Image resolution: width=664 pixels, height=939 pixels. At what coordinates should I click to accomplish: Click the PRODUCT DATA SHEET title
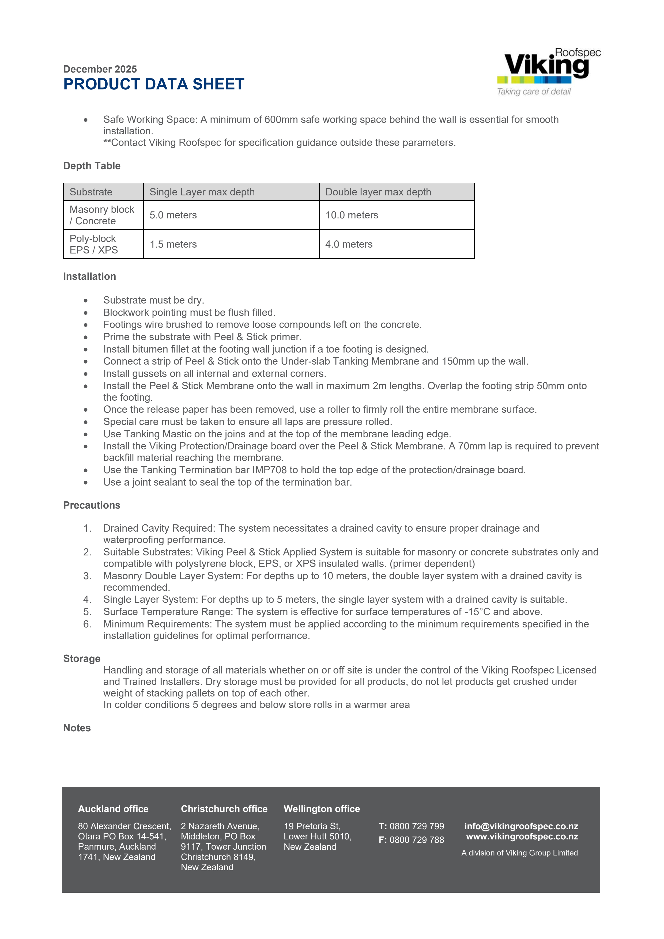[154, 84]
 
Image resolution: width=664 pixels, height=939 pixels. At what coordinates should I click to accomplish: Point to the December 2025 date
[100, 69]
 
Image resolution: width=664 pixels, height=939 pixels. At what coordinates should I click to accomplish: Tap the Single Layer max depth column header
[202, 192]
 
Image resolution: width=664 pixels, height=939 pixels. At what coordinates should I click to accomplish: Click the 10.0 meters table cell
[352, 215]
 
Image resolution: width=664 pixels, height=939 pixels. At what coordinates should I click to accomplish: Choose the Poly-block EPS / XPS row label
[94, 244]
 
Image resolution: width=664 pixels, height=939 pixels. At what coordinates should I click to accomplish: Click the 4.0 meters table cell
[349, 244]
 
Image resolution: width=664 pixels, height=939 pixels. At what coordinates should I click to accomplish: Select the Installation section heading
[90, 277]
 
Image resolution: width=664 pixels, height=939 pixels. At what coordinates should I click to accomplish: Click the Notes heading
[77, 728]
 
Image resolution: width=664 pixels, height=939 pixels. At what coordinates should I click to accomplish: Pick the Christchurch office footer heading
[224, 809]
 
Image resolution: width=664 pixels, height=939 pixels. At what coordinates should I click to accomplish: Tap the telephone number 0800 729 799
[417, 826]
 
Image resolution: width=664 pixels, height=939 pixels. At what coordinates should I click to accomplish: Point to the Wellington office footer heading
[322, 809]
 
